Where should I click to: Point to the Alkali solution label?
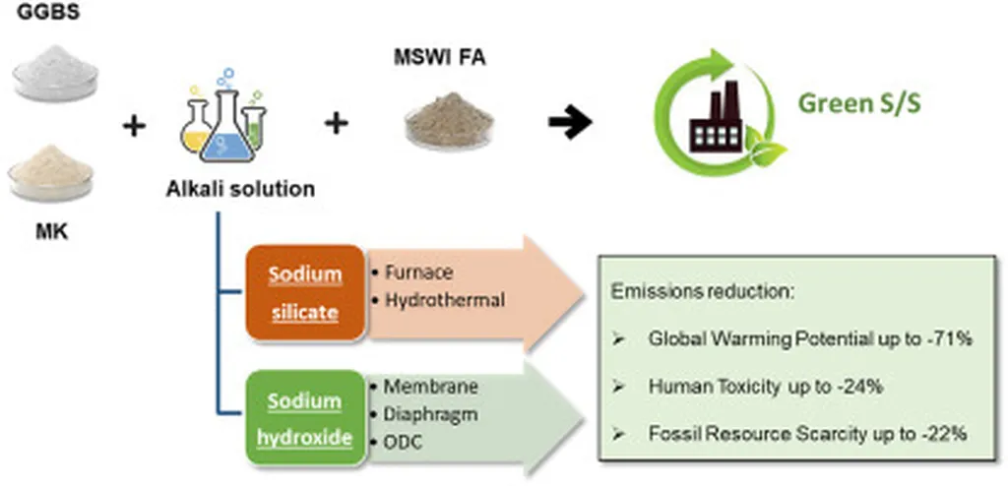click(240, 188)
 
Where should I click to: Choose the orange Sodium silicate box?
click(305, 292)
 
